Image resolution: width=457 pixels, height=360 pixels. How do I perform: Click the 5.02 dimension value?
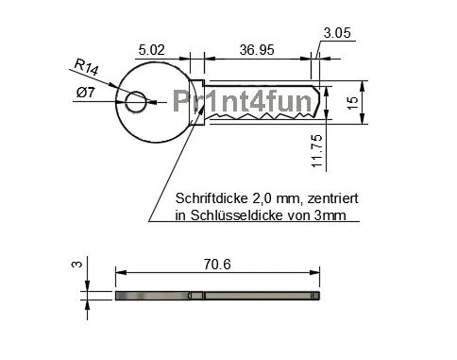click(151, 47)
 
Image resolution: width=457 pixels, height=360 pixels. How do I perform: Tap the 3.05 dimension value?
click(337, 33)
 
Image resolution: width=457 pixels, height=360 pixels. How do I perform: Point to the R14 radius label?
click(86, 67)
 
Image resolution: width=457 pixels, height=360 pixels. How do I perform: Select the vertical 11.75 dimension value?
click(317, 151)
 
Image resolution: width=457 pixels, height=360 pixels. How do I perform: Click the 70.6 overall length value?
click(216, 265)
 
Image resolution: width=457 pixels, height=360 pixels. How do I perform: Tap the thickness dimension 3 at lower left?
click(76, 265)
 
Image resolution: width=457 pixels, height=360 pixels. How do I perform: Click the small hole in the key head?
click(136, 99)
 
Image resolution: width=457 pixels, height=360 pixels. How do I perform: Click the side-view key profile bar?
click(217, 296)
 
